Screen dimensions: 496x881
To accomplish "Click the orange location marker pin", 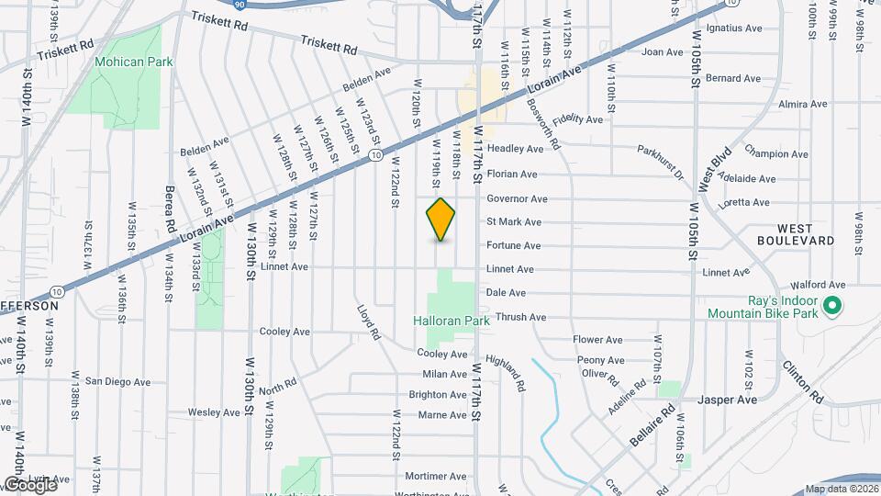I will pyautogui.click(x=440, y=220).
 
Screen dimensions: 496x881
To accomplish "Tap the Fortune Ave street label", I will pyautogui.click(x=513, y=245).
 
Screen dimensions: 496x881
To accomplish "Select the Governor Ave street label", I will pyautogui.click(x=517, y=198).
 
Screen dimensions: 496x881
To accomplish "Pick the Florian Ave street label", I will pyautogui.click(x=512, y=174).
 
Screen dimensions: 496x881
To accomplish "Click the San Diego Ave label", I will pyautogui.click(x=117, y=381).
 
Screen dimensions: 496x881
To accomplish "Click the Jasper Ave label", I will pyautogui.click(x=727, y=400).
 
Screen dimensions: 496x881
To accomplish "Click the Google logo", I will pyautogui.click(x=29, y=484).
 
